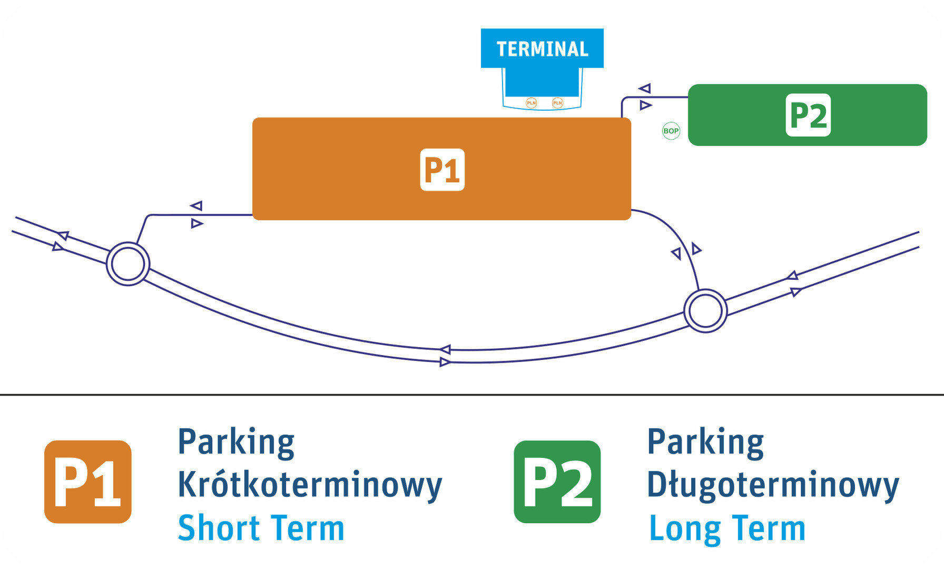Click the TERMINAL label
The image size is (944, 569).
coord(542,49)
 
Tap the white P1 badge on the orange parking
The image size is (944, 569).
coord(442,170)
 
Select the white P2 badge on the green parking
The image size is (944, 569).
coord(808,115)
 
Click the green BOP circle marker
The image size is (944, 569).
coord(671,131)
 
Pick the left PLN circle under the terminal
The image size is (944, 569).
coord(532,103)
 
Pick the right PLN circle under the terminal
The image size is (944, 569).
coord(557,103)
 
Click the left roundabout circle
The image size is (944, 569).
coord(128,263)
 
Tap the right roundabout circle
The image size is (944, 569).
coord(705,311)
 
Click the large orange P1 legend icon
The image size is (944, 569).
coord(88,482)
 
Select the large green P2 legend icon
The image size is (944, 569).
coord(557,482)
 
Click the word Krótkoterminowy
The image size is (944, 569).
coord(310,485)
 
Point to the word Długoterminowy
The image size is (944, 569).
coord(773,485)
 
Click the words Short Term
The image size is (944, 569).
coord(261,528)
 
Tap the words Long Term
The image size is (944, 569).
coord(727,528)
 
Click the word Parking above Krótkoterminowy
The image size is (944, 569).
coord(236,443)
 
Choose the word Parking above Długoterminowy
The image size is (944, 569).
coord(705,443)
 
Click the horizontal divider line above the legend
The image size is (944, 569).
coord(472,394)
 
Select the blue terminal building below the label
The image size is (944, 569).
coord(542,82)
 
